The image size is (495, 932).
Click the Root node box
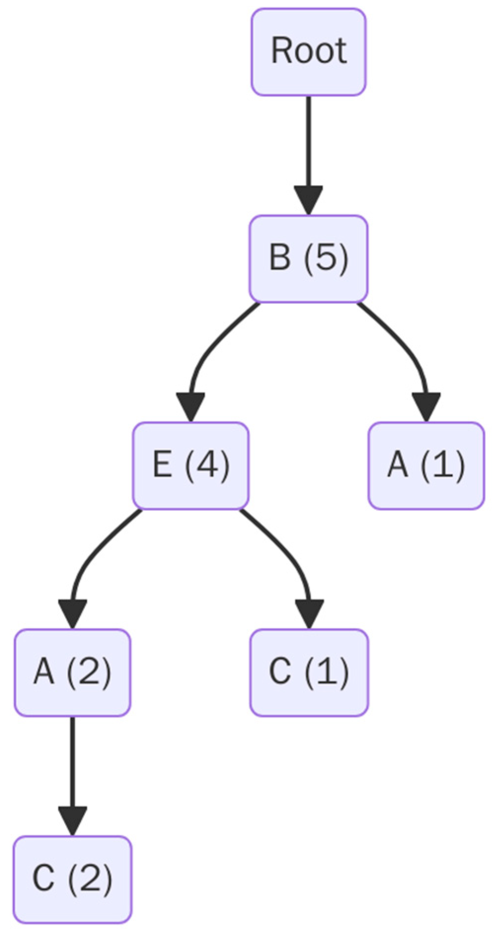click(309, 51)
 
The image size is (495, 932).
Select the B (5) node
click(309, 258)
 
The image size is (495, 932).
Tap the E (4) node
click(191, 465)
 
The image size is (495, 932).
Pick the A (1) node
click(426, 465)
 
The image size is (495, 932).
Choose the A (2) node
click(72, 672)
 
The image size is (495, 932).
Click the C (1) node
click(309, 672)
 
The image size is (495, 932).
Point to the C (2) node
click(72, 879)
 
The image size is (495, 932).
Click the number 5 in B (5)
click(326, 258)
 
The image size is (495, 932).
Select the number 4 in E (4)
click(207, 465)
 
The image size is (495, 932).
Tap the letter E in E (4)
click(163, 465)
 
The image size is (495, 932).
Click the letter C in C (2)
click(43, 879)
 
